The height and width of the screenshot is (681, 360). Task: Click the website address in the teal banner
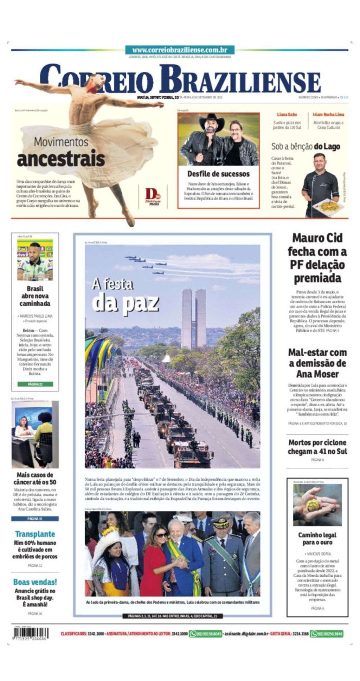pyautogui.click(x=180, y=50)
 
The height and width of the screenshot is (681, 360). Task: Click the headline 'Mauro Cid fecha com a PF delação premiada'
pyautogui.click(x=317, y=258)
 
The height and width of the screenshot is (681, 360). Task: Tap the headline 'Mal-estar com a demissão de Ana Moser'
pyautogui.click(x=317, y=363)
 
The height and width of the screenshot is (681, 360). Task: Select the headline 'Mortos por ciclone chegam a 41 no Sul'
pyautogui.click(x=317, y=447)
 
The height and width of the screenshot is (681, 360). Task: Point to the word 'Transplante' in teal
pyautogui.click(x=35, y=534)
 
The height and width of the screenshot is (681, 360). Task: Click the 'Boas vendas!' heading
pyautogui.click(x=35, y=582)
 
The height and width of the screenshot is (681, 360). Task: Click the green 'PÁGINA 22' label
pyautogui.click(x=35, y=384)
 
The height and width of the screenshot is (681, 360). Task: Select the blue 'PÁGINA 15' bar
pyautogui.click(x=35, y=518)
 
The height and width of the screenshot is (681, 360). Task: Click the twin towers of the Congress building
pyautogui.click(x=194, y=318)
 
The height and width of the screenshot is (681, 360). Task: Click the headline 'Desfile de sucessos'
pyautogui.click(x=218, y=174)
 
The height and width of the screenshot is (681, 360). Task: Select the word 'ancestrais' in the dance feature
pyautogui.click(x=61, y=159)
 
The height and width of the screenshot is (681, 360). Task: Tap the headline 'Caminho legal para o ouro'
pyautogui.click(x=317, y=538)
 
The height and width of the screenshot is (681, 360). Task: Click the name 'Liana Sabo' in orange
pyautogui.click(x=287, y=115)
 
